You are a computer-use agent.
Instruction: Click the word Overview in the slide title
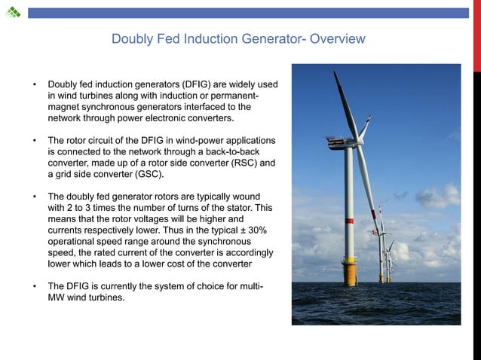(336, 38)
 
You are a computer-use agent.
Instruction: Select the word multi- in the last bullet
(253, 287)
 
